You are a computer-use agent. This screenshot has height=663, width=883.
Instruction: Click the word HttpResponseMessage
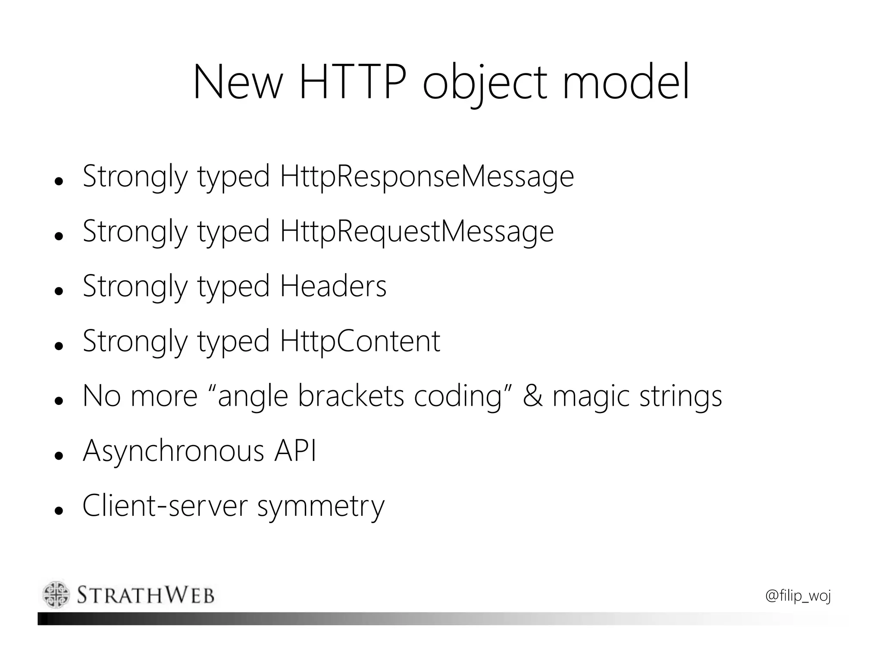pyautogui.click(x=427, y=177)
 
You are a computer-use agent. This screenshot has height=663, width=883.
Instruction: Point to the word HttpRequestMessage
pyautogui.click(x=416, y=231)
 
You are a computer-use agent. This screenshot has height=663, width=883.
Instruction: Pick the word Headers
pyautogui.click(x=333, y=286)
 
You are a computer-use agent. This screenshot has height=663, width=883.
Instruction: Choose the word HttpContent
pyautogui.click(x=360, y=341)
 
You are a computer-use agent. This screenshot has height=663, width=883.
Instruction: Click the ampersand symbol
pyautogui.click(x=532, y=396)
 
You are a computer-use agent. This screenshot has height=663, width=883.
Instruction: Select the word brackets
pyautogui.click(x=351, y=396)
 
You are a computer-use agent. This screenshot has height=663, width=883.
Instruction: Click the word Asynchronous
pyautogui.click(x=173, y=451)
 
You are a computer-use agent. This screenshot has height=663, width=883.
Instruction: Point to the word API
pyautogui.click(x=295, y=451)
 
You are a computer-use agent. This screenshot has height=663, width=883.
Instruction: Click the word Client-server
pyautogui.click(x=165, y=506)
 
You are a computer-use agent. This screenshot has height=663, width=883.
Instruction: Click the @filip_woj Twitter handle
pyautogui.click(x=798, y=596)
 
